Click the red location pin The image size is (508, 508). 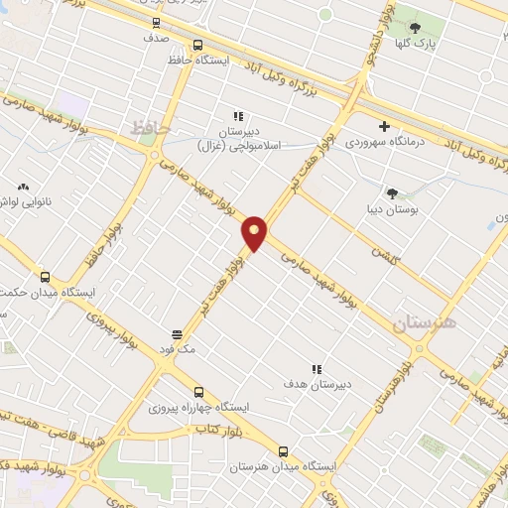[x=255, y=232]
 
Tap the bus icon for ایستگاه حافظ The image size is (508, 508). [x=197, y=45]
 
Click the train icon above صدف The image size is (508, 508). [x=155, y=21]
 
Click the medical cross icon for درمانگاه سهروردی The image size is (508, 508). [x=385, y=126]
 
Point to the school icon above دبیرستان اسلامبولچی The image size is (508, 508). [x=237, y=116]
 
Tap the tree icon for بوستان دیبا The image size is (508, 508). [x=392, y=193]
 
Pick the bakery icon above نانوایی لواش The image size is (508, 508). [x=23, y=185]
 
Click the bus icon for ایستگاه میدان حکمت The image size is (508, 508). [x=44, y=277]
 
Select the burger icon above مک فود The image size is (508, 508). [x=177, y=333]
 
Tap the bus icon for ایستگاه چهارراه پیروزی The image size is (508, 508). [x=198, y=392]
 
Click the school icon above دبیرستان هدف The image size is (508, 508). [x=317, y=368]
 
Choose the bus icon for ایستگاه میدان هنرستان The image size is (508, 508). [x=284, y=450]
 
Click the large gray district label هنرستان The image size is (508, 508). [x=423, y=324]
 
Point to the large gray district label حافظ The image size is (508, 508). [x=144, y=127]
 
